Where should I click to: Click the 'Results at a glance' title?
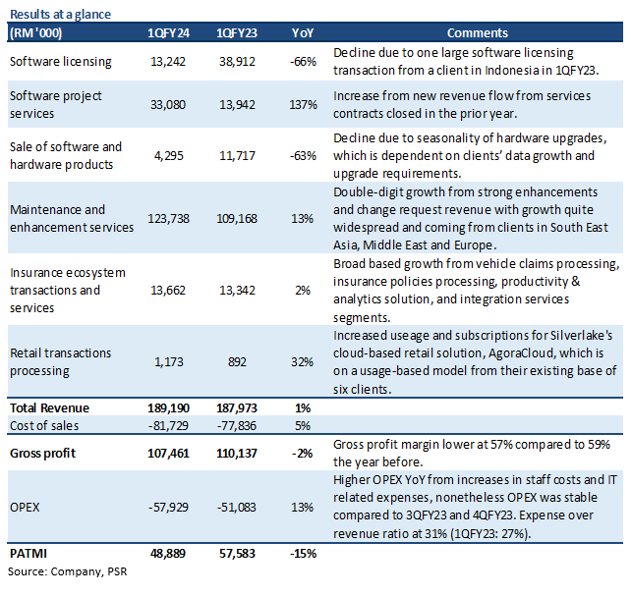tap(60, 14)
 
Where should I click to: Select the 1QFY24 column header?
tap(168, 33)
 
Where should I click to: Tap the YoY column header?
tap(303, 33)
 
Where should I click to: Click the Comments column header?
tap(478, 33)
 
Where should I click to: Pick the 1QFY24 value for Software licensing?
tap(168, 62)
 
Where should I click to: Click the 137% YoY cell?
tap(304, 105)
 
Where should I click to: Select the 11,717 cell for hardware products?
tap(237, 155)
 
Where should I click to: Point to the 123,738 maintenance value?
tap(168, 219)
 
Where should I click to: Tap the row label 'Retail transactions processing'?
tap(60, 361)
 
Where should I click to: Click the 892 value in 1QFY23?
tap(237, 362)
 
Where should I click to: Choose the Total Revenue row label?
tap(49, 407)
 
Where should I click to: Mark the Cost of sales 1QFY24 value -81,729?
tap(168, 425)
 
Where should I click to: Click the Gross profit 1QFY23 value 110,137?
tap(237, 454)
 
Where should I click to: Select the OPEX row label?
tap(25, 508)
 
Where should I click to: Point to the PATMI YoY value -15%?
tap(304, 554)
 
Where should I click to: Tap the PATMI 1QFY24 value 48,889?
tap(168, 554)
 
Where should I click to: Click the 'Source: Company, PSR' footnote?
tap(67, 571)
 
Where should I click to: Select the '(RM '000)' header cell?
tap(35, 33)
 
